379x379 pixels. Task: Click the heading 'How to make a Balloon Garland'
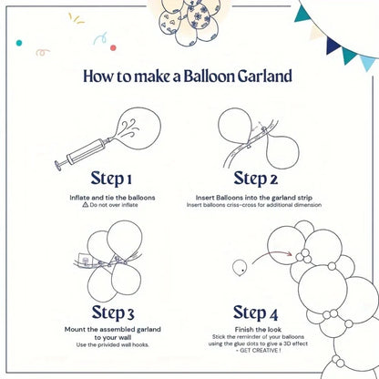pyautogui.click(x=189, y=77)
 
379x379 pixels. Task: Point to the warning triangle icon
pyautogui.click(x=86, y=205)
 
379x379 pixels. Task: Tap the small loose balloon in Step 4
pyautogui.click(x=241, y=267)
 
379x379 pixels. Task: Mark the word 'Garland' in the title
pyautogui.click(x=262, y=77)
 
